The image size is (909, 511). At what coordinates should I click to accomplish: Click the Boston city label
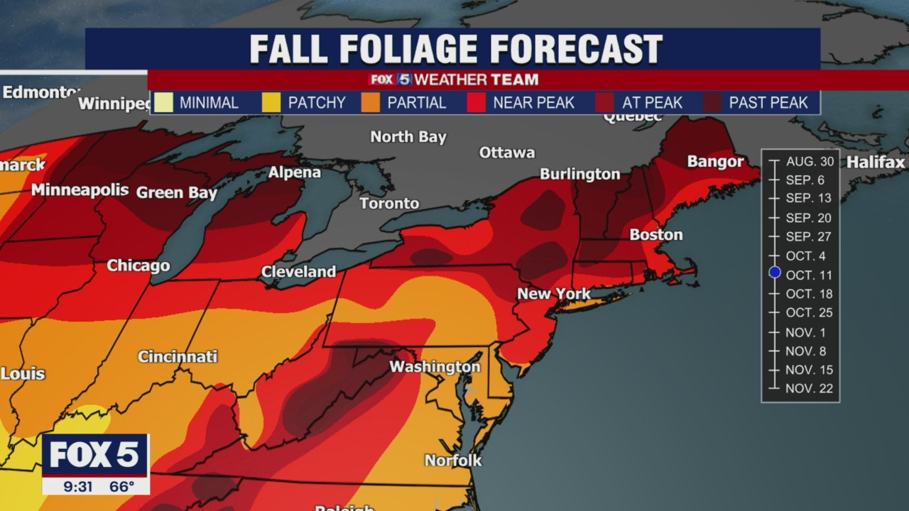click(x=655, y=235)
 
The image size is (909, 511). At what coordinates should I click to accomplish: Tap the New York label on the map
click(x=553, y=294)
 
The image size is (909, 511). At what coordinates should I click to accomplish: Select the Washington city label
click(x=435, y=367)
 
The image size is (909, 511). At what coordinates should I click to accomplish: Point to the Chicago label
click(x=138, y=265)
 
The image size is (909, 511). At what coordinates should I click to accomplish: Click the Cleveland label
click(x=298, y=272)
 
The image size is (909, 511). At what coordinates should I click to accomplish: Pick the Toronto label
click(x=389, y=204)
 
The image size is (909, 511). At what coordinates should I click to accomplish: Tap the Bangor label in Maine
click(x=715, y=162)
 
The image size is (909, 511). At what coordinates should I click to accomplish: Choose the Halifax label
click(x=875, y=163)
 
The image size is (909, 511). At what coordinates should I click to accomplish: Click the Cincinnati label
click(x=178, y=356)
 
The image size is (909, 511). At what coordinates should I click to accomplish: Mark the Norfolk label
click(x=453, y=461)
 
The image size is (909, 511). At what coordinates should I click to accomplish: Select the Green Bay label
click(x=177, y=192)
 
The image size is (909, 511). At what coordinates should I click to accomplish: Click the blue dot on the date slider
click(x=775, y=273)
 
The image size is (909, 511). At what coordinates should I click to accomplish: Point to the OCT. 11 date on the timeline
click(x=809, y=275)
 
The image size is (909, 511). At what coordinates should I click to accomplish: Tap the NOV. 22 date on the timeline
click(x=809, y=388)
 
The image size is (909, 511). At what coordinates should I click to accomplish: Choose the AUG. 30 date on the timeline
click(x=810, y=162)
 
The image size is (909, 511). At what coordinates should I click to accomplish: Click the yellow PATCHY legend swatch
click(x=272, y=103)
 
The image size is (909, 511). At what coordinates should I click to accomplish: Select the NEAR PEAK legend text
click(x=533, y=103)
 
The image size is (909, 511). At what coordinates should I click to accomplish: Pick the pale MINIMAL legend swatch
click(x=164, y=103)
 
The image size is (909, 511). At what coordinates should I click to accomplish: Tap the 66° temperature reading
click(x=121, y=487)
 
